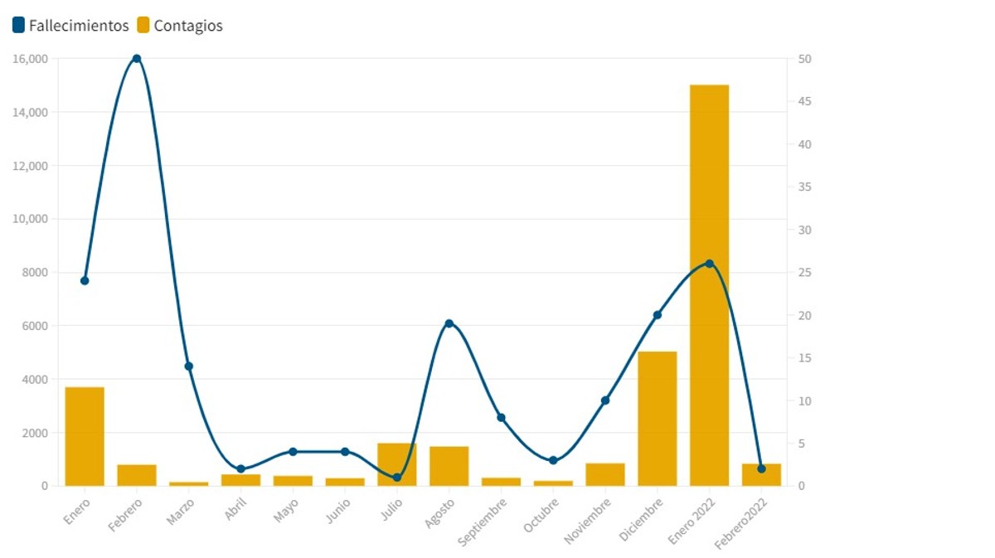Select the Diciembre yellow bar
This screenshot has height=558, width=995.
[658, 419]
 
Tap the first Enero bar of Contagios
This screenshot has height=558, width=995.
[85, 436]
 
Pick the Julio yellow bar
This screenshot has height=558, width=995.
[396, 464]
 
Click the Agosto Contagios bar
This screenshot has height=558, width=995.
[449, 466]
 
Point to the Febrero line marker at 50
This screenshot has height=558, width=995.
[137, 59]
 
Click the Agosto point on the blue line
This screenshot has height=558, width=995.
[449, 323]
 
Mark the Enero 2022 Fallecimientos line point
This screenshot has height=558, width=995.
[709, 264]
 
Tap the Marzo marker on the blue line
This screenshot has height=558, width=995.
[188, 366]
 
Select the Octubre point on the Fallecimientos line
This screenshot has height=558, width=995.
[553, 460]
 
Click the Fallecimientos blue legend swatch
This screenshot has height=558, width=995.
[19, 26]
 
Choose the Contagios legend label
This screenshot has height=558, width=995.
[188, 26]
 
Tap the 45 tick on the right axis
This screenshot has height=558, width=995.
[804, 101]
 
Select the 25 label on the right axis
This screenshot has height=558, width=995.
[804, 272]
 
